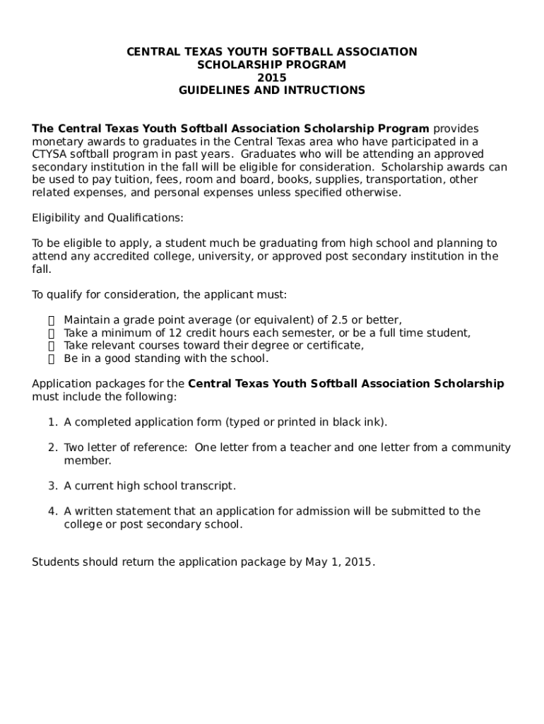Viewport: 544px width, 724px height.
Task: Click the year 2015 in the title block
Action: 271,78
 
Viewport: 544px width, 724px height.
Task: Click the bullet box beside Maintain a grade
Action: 51,320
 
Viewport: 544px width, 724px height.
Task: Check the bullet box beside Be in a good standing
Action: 51,358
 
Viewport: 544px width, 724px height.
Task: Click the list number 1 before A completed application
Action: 52,422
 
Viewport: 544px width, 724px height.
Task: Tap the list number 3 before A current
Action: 52,486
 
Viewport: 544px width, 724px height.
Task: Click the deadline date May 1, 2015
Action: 340,562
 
